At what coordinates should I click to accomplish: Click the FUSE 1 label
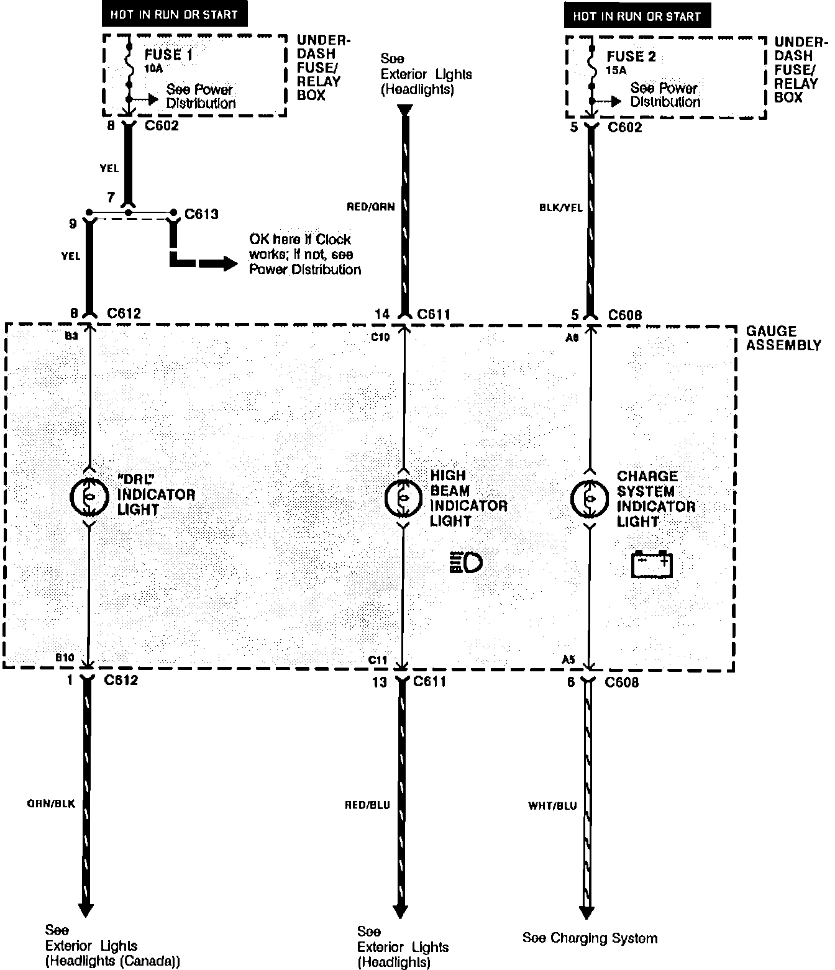tap(168, 55)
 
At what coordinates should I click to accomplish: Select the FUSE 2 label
tap(631, 57)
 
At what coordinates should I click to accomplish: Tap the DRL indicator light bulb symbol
tap(90, 496)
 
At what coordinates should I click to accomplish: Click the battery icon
tap(652, 564)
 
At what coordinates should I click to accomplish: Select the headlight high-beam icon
tap(465, 563)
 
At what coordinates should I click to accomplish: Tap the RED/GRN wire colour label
tap(371, 207)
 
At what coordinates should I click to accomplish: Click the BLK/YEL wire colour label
tap(560, 207)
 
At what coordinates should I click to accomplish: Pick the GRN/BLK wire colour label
tap(51, 804)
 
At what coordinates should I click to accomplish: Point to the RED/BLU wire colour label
tap(367, 805)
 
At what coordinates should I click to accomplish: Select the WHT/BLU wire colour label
tap(552, 806)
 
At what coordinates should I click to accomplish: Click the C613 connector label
tap(202, 215)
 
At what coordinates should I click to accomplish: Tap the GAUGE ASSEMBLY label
tap(783, 338)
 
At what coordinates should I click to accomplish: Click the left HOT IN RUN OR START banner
tap(173, 14)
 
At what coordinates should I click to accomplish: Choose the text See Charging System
tap(590, 938)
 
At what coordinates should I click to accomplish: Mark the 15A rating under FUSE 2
tap(616, 71)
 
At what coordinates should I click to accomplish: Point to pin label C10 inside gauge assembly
tap(380, 337)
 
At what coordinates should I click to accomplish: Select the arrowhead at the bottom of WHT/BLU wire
tap(586, 913)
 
